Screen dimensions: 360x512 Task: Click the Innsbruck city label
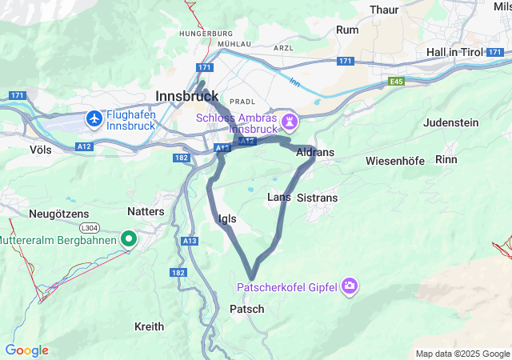187,95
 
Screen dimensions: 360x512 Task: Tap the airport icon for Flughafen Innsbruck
94,118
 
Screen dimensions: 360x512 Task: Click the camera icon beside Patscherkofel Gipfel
349,286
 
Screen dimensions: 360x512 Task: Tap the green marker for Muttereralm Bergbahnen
128,238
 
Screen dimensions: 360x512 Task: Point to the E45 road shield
397,82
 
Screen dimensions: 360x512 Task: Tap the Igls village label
226,218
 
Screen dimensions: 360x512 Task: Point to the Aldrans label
315,152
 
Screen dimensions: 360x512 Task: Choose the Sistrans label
317,197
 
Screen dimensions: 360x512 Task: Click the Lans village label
278,197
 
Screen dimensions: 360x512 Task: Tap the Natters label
146,211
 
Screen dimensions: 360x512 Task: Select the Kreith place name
149,326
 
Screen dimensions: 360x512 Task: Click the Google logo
26,350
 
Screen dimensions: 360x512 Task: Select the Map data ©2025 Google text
462,354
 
